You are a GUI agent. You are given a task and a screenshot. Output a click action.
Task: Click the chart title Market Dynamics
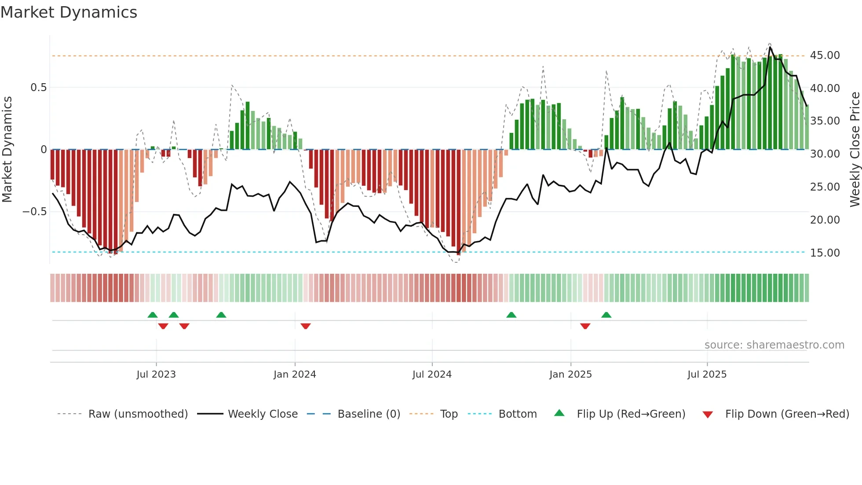(69, 12)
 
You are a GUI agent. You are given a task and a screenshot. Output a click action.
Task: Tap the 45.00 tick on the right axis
(825, 55)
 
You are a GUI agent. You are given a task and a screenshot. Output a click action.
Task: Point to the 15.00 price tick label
(825, 253)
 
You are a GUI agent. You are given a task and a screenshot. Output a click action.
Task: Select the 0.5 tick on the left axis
(38, 88)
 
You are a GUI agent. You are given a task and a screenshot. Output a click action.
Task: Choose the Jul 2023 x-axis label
(156, 375)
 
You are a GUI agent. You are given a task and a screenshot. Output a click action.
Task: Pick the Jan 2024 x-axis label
(295, 375)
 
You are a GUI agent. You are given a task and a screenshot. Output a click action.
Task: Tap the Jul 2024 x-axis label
(432, 375)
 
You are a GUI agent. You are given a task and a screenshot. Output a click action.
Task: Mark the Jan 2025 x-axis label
(570, 375)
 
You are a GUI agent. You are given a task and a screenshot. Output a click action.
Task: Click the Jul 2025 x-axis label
(707, 375)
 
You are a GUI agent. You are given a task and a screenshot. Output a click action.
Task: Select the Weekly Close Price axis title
(855, 149)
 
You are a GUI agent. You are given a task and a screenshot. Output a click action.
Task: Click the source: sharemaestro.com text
(774, 345)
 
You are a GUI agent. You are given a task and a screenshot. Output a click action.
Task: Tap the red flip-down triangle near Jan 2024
(306, 326)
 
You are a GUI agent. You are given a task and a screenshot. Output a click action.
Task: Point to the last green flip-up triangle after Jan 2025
(606, 315)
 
